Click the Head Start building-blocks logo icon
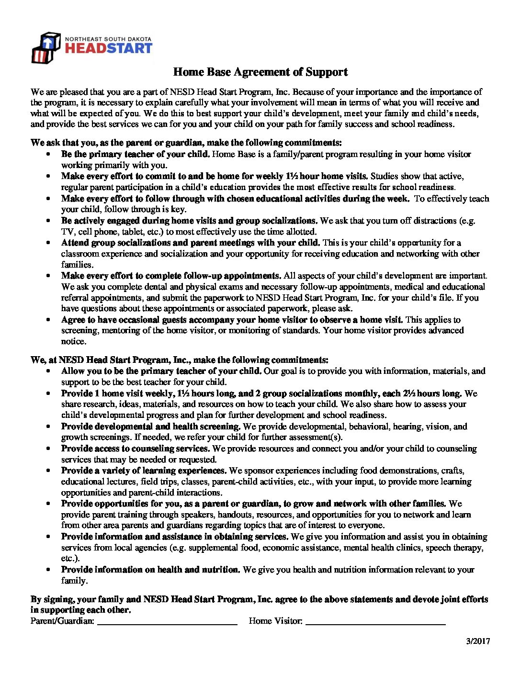[45, 48]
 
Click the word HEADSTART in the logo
[108, 48]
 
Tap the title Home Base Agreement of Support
[260, 72]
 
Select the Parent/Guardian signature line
[167, 622]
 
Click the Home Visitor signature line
[375, 622]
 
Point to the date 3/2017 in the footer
[478, 641]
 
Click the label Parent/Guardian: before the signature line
[62, 621]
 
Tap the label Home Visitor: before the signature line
[275, 621]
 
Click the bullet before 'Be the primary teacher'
[48, 155]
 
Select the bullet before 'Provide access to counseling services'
[48, 449]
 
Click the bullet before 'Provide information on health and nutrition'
[48, 570]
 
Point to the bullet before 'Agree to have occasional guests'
[48, 320]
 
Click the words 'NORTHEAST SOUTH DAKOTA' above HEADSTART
[108, 39]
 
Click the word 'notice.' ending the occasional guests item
[74, 341]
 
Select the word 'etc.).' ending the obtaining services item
[70, 558]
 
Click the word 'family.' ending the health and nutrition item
[74, 581]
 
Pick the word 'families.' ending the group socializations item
[77, 265]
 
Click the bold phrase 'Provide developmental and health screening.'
[151, 427]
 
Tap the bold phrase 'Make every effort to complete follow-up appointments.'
[171, 276]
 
